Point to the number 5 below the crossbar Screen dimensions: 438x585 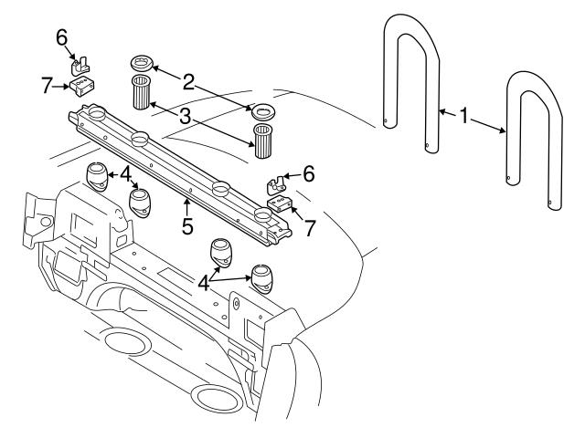coord(187,224)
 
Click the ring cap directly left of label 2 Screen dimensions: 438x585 coord(140,64)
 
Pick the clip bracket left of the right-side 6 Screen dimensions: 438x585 coord(273,183)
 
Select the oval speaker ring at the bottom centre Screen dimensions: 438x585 coord(215,399)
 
